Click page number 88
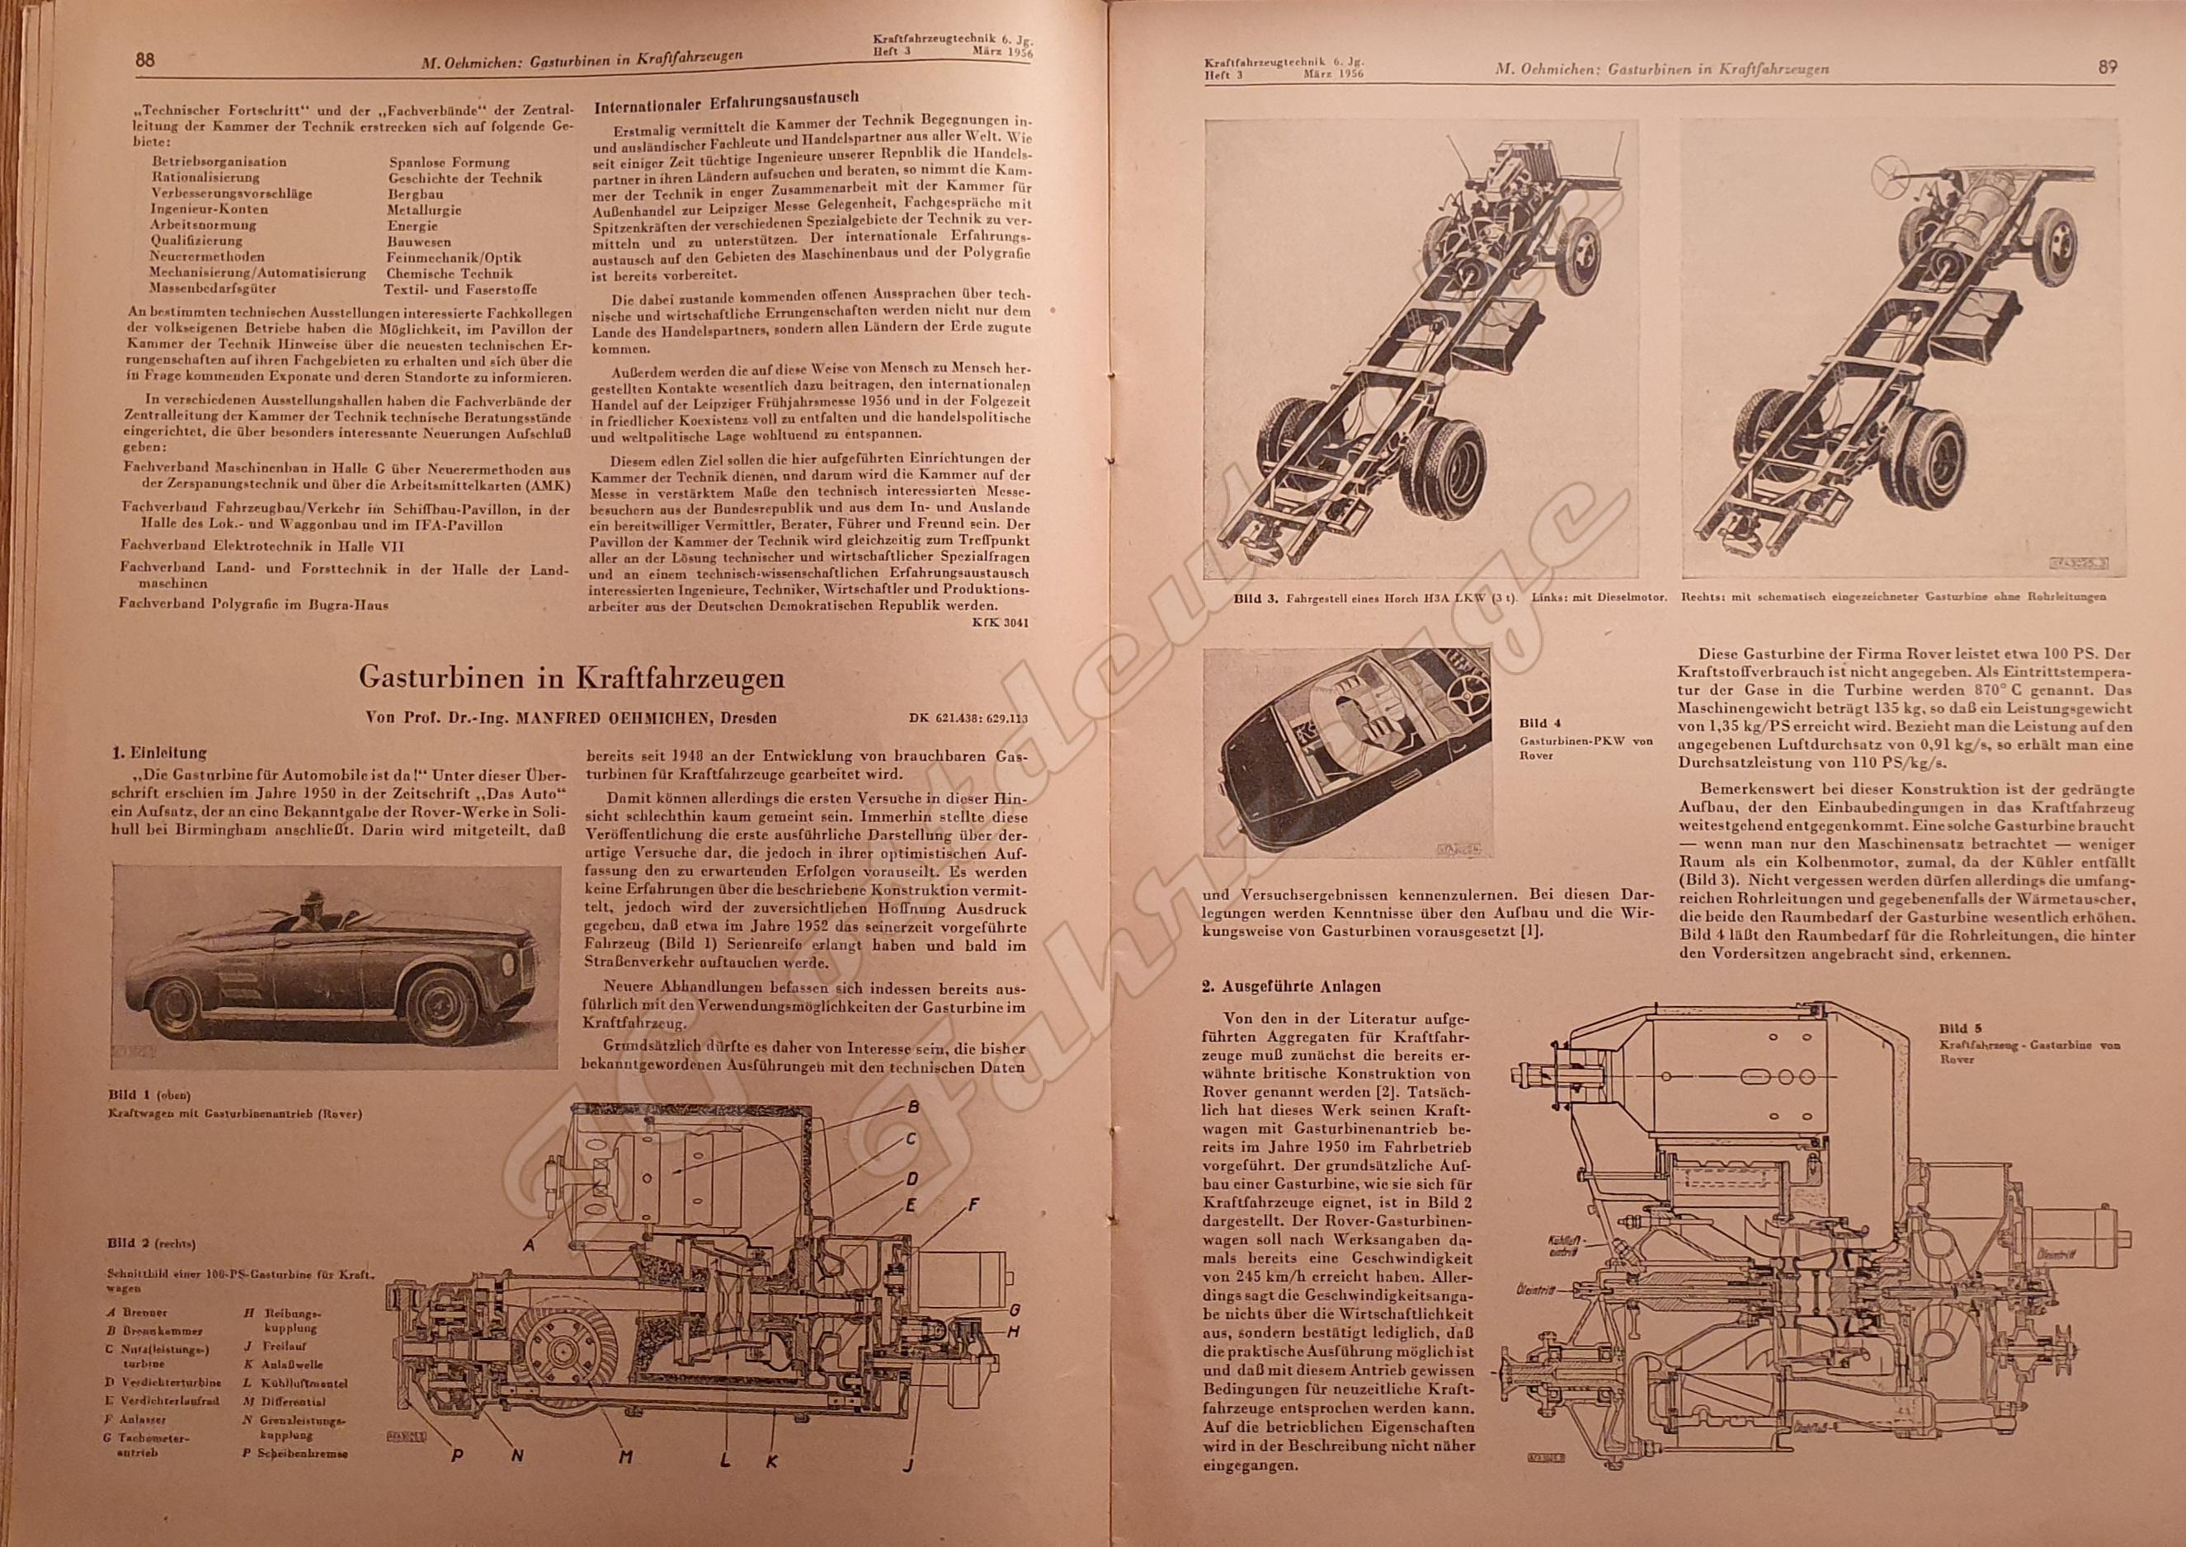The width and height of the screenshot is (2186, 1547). click(x=145, y=59)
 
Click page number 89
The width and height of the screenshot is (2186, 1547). click(x=2107, y=67)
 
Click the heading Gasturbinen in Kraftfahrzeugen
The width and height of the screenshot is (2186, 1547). click(x=571, y=677)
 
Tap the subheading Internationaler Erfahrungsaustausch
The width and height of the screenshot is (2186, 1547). click(x=726, y=101)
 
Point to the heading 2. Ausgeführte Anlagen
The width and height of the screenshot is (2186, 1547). click(x=1291, y=987)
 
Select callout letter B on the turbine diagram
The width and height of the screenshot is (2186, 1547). click(x=912, y=1107)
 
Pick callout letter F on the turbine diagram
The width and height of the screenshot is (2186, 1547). click(x=973, y=1205)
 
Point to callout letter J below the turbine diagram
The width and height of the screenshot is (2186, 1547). click(x=907, y=1466)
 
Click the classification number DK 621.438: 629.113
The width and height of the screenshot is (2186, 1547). click(x=970, y=719)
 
